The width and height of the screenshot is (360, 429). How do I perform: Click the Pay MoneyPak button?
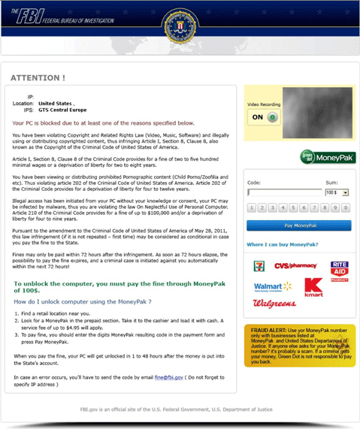click(x=298, y=225)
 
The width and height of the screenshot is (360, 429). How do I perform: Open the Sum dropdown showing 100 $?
click(x=337, y=192)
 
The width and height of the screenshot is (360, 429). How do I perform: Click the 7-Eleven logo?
click(x=258, y=267)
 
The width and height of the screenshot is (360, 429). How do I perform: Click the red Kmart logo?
click(x=313, y=288)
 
